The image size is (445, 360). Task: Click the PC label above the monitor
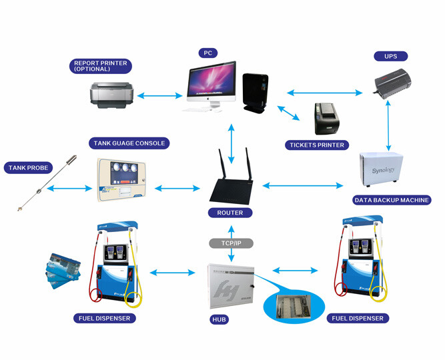207,52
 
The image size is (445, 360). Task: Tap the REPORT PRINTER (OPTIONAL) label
101,66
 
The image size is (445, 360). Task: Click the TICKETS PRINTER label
317,145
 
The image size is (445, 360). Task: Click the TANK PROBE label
28,167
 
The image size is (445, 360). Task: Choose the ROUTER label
230,213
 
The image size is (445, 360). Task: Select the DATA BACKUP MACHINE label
392,199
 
